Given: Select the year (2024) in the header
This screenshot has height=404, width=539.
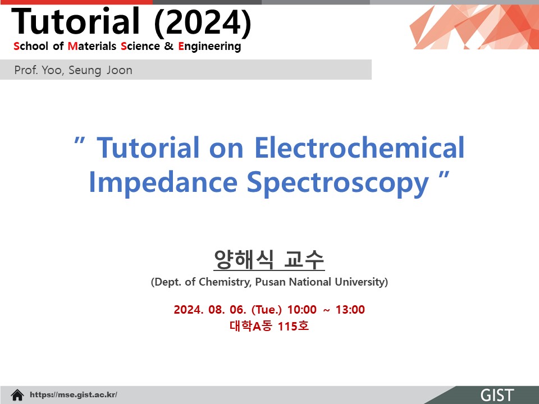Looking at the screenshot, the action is [x=203, y=22].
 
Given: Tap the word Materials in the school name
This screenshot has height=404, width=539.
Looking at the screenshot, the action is [x=92, y=46].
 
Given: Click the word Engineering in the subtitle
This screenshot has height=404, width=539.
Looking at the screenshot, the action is [x=209, y=47].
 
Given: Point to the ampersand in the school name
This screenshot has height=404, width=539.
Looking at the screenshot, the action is [x=169, y=46].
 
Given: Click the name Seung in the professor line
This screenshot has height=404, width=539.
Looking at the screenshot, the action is [x=85, y=71].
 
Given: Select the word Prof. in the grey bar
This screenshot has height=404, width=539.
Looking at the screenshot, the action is [x=26, y=70].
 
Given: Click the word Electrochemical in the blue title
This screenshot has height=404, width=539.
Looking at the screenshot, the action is [x=359, y=147].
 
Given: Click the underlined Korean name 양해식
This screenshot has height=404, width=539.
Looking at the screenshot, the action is [x=244, y=259].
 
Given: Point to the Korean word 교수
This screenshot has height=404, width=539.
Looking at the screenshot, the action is [x=304, y=259].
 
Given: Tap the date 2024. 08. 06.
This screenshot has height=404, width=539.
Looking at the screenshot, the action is [x=210, y=310].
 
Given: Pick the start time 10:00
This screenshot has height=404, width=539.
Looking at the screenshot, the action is [x=302, y=310].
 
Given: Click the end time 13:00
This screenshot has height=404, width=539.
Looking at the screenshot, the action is [x=350, y=310].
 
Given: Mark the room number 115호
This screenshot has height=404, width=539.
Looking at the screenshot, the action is [x=293, y=325].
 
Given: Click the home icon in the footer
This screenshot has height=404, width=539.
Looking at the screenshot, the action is [x=17, y=395].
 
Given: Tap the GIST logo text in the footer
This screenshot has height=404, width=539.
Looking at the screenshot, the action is [x=497, y=396].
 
